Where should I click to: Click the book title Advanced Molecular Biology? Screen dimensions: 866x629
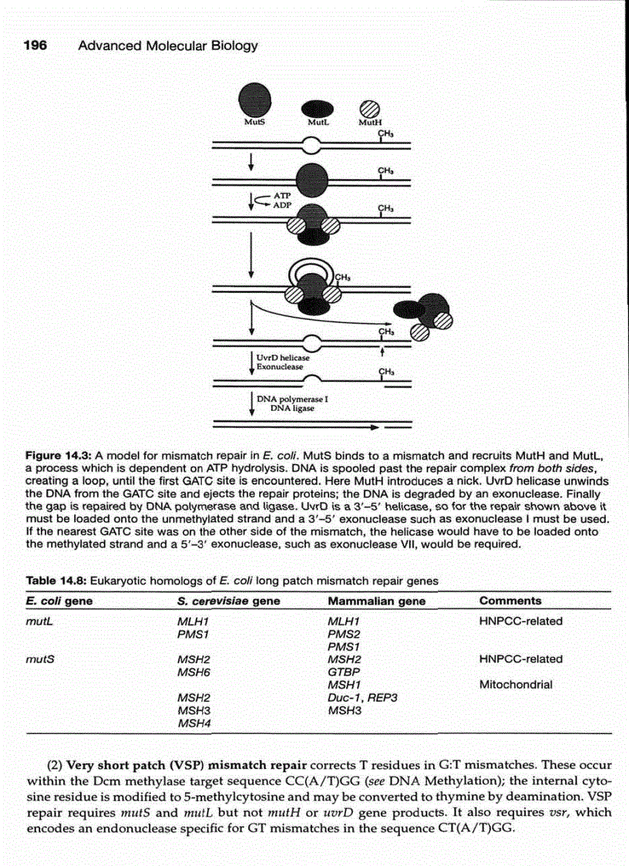click(168, 45)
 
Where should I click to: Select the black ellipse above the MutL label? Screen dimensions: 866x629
click(316, 106)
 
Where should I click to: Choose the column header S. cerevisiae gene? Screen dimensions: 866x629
click(228, 601)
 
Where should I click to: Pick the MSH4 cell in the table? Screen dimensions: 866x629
click(194, 723)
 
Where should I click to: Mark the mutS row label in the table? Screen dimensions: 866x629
click(39, 659)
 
